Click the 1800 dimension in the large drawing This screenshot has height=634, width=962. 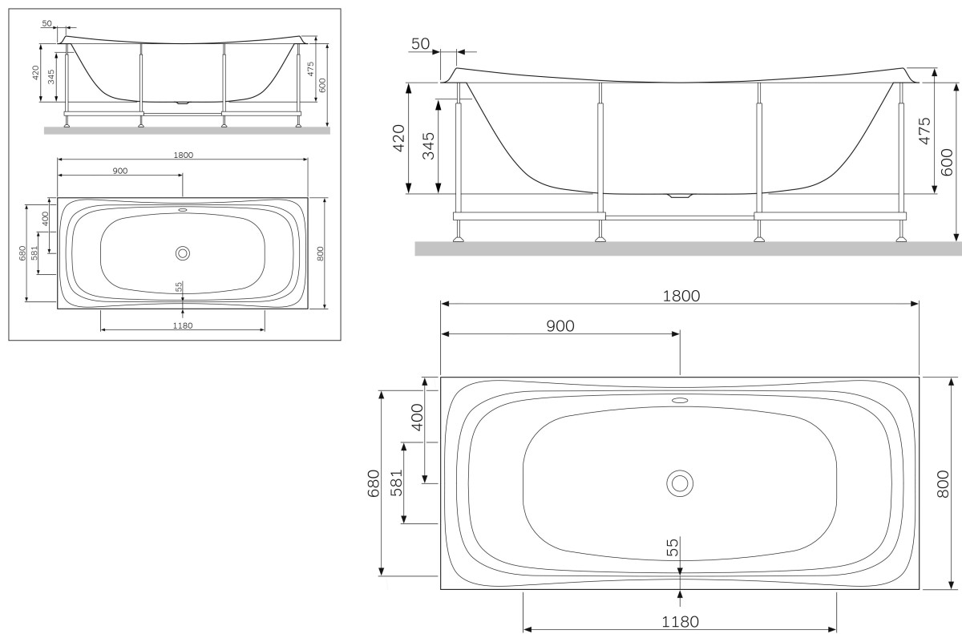(x=681, y=295)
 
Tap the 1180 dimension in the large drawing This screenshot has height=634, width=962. (x=680, y=621)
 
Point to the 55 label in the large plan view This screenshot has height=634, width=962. (x=672, y=547)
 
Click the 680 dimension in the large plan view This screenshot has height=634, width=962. (x=374, y=483)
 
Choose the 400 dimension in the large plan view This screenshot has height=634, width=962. (x=416, y=417)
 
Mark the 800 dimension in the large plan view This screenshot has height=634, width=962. (x=944, y=483)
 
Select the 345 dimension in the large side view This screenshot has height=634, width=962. (x=428, y=146)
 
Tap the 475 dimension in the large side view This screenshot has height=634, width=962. (x=924, y=131)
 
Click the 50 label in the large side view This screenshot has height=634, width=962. (x=420, y=43)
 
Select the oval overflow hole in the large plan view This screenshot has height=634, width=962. (x=680, y=399)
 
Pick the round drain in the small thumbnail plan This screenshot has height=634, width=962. (x=183, y=253)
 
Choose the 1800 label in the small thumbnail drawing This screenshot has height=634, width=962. (x=183, y=155)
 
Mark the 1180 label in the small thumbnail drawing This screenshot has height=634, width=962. (x=183, y=325)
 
